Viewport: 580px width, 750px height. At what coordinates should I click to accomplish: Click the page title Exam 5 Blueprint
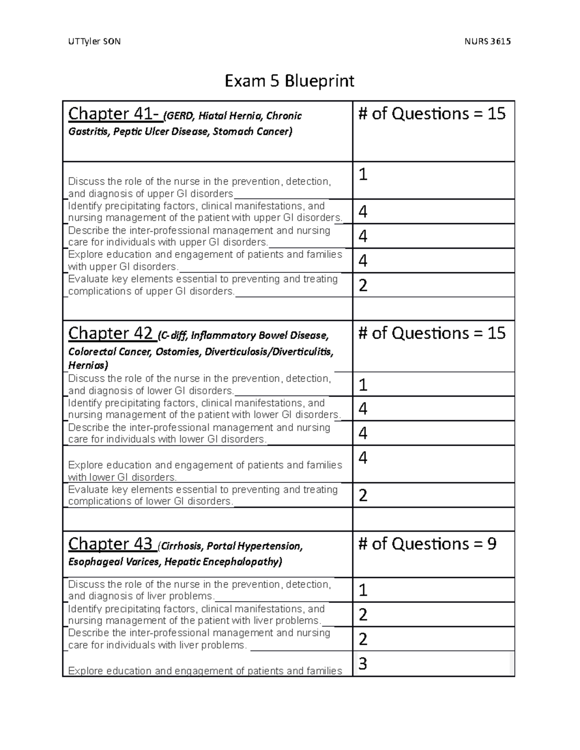289,81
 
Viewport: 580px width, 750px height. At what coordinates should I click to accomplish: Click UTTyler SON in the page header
95,42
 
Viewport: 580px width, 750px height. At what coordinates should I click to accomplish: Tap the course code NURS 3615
487,42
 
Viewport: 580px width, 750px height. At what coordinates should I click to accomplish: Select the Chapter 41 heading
114,114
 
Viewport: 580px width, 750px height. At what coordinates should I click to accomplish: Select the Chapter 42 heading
111,333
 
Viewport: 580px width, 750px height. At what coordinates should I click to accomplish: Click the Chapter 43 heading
111,544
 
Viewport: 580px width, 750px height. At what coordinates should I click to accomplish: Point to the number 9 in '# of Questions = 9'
492,544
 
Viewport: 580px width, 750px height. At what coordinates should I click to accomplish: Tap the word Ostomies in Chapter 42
177,352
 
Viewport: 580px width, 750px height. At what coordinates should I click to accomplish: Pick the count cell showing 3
362,664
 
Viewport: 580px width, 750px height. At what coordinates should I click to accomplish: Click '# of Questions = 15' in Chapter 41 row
432,114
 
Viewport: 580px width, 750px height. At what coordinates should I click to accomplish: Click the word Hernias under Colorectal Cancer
87,365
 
